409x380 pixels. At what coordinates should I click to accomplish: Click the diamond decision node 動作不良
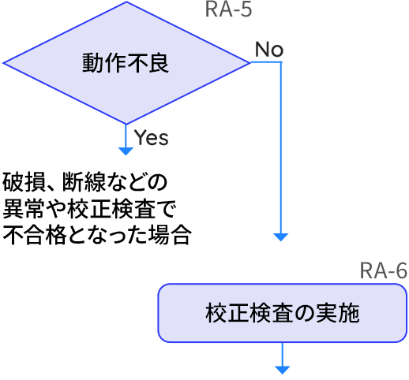pyautogui.click(x=126, y=63)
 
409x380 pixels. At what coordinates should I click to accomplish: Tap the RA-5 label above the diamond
pyautogui.click(x=228, y=10)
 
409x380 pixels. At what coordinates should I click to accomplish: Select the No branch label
pyautogui.click(x=268, y=50)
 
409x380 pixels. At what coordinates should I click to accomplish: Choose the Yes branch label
pyautogui.click(x=151, y=138)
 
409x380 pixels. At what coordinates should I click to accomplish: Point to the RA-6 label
pyautogui.click(x=384, y=271)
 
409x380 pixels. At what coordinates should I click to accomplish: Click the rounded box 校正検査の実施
pyautogui.click(x=282, y=313)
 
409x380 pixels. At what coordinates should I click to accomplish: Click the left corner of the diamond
pyautogui.click(x=5, y=63)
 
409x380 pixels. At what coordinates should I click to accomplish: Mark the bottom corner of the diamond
pyautogui.click(x=126, y=123)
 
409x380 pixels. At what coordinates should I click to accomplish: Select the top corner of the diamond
pyautogui.click(x=126, y=3)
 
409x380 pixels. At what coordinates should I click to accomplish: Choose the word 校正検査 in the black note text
pyautogui.click(x=114, y=209)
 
